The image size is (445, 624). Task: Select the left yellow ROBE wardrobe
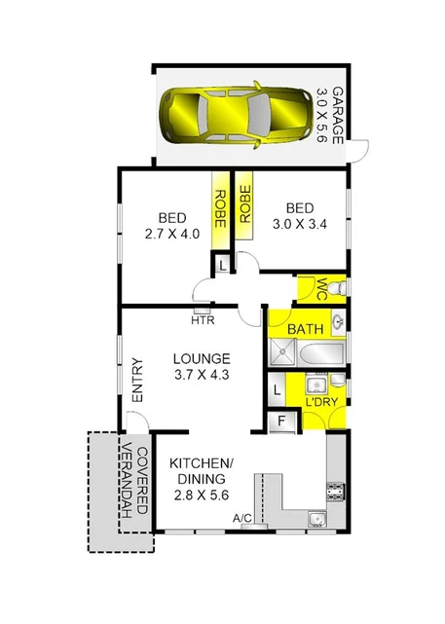tap(220, 206)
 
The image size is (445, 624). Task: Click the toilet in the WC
tap(336, 289)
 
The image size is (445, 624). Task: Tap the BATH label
tap(304, 330)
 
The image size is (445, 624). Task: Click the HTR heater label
tap(202, 319)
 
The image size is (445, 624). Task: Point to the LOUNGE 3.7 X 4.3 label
tap(202, 366)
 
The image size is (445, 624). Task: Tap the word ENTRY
tap(137, 383)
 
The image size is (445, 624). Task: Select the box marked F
tap(280, 422)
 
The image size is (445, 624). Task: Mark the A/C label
tap(242, 519)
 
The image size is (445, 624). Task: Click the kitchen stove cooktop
tap(337, 486)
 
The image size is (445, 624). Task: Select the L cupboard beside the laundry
tap(278, 388)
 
